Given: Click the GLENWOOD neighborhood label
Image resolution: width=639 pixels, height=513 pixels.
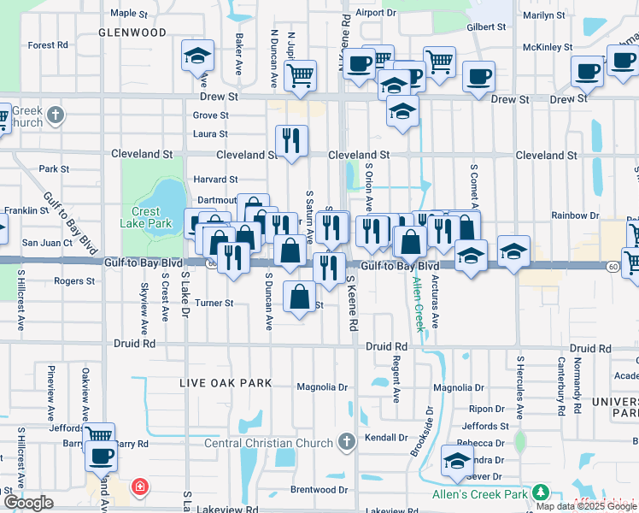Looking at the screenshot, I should (x=132, y=32).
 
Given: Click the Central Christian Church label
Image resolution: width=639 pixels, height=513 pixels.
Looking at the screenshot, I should (x=269, y=443).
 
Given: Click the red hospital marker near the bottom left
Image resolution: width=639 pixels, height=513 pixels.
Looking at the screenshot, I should (x=138, y=488).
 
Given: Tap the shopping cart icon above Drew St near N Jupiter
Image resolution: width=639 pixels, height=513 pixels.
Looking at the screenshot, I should (x=301, y=75).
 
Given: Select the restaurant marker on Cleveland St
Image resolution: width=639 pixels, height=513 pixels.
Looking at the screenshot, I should (x=291, y=139).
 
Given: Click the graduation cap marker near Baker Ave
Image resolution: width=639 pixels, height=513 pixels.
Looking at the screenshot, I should (x=197, y=57).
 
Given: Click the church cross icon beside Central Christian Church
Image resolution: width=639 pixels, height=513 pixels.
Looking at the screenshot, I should (x=346, y=442).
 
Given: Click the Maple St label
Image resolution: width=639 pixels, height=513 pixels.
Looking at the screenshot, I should (x=129, y=14).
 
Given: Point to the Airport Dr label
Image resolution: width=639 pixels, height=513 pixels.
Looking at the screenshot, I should (x=377, y=13).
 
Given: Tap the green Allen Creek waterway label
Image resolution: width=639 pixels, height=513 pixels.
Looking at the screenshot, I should (x=418, y=304).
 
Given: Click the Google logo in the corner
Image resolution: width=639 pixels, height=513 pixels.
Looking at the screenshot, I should (x=28, y=503).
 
